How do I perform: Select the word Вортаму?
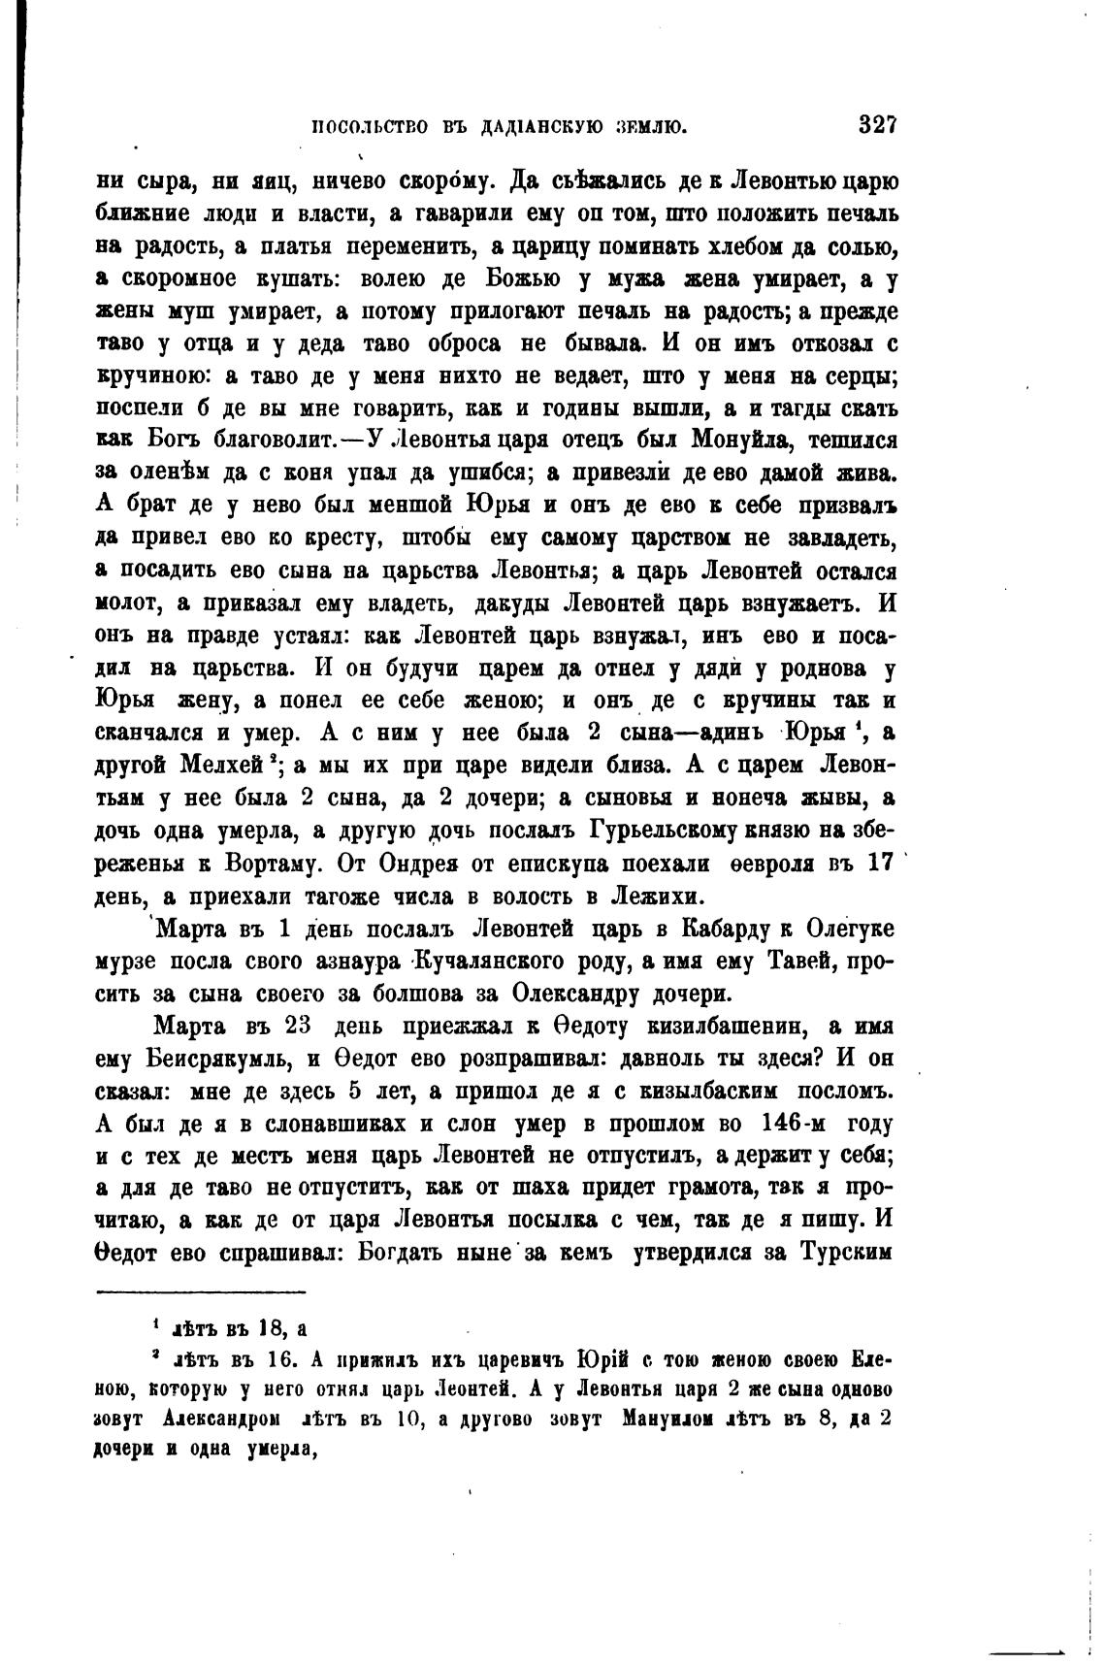pos(279,862)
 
